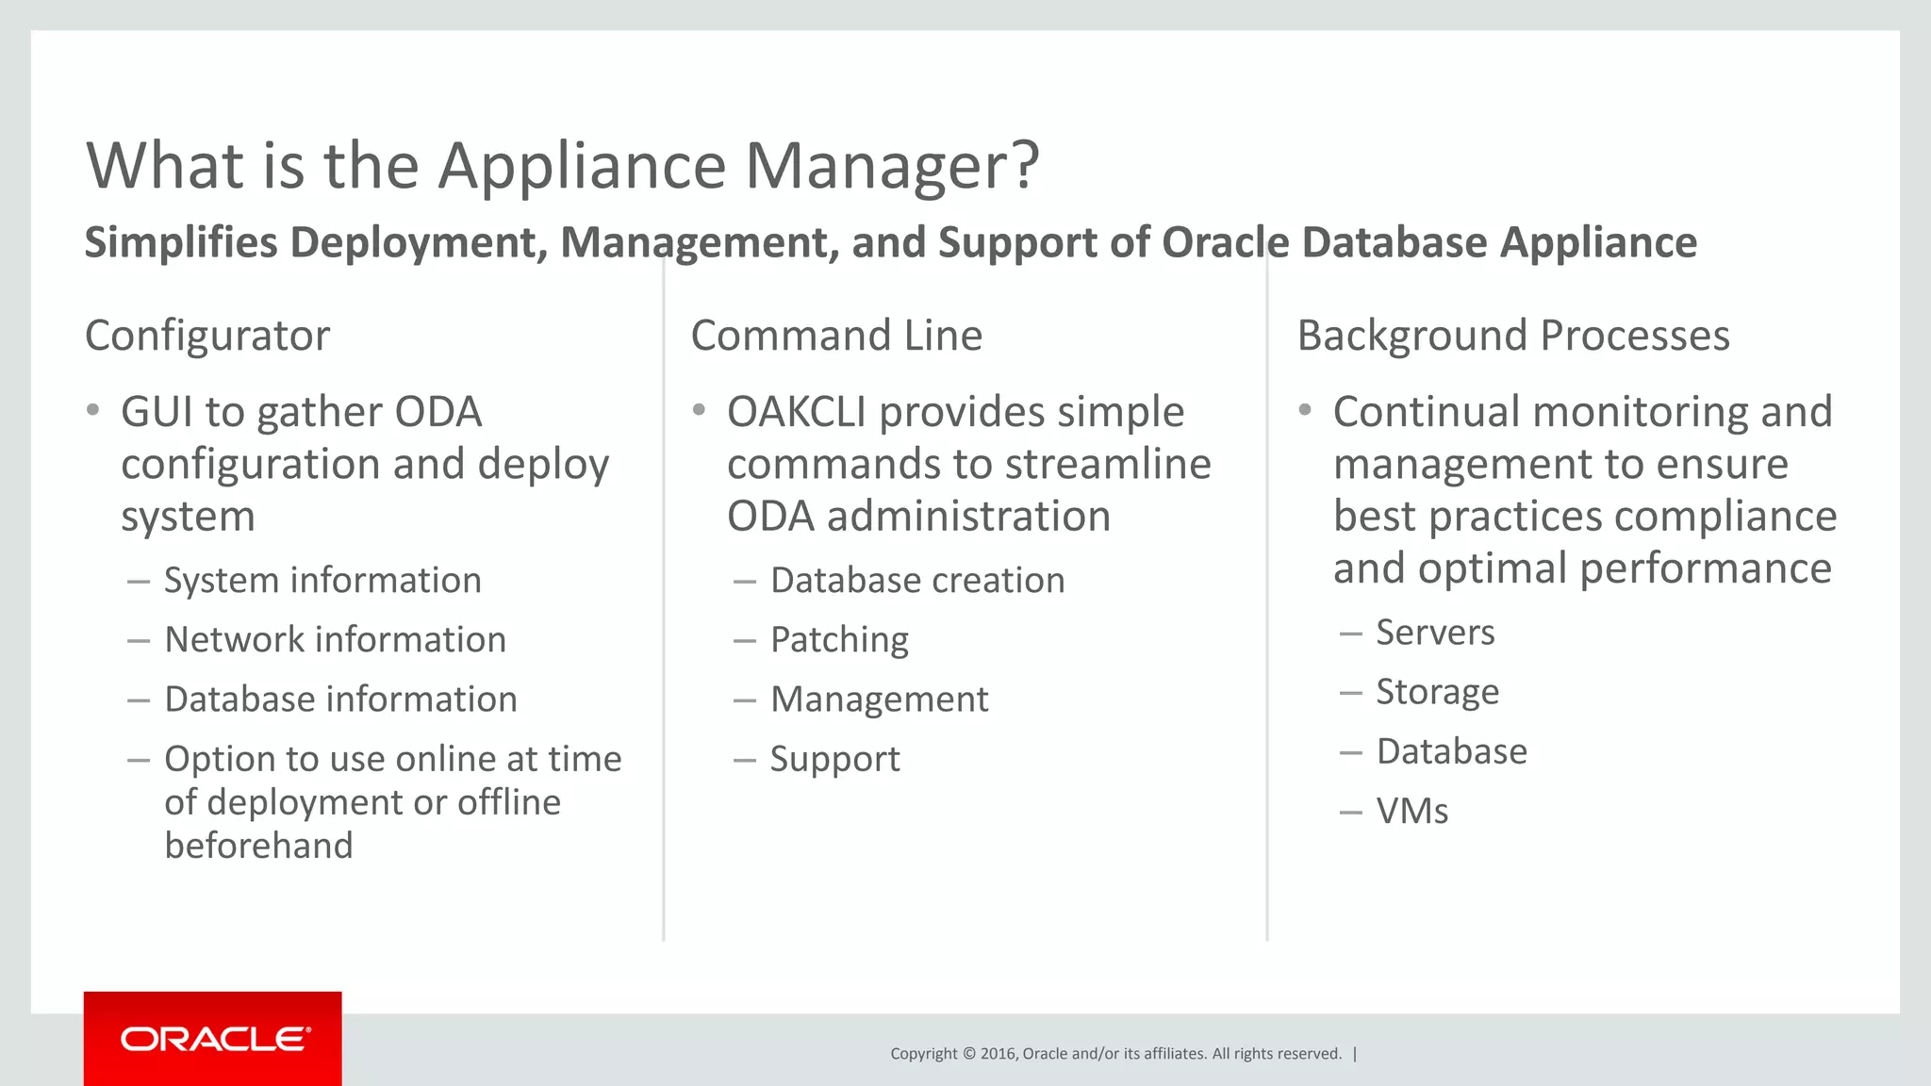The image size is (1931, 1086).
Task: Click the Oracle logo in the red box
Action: (215, 1039)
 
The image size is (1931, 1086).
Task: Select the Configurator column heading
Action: (207, 336)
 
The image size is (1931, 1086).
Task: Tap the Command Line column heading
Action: (836, 336)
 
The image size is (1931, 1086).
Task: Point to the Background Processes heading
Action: (1513, 336)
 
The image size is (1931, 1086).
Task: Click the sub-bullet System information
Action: (322, 581)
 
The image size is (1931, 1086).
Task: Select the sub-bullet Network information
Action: (335, 640)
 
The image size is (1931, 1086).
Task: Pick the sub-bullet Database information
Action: (340, 699)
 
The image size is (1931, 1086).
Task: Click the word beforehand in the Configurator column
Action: (258, 846)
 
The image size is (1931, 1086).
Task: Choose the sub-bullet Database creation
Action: (917, 581)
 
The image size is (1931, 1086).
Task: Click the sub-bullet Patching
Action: (839, 640)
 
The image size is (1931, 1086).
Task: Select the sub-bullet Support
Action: (834, 759)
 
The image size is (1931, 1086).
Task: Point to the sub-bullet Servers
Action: (1435, 633)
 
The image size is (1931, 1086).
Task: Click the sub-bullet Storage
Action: (1437, 692)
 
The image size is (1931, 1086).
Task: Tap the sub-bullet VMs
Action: (1411, 811)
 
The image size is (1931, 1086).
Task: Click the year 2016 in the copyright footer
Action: (998, 1054)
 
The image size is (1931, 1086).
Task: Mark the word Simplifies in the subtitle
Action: (181, 243)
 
